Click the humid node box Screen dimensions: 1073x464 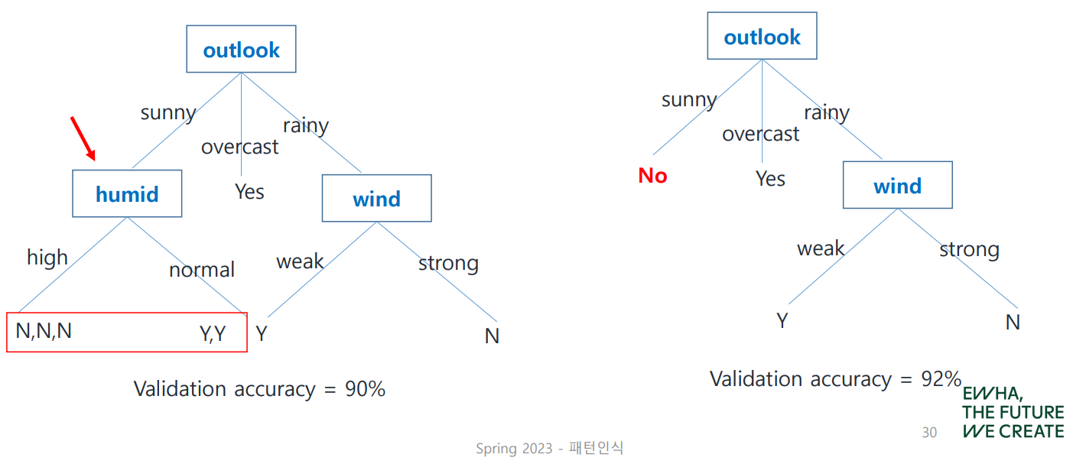(x=127, y=193)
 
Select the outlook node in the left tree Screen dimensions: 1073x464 (x=241, y=49)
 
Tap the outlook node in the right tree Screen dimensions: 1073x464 (x=762, y=36)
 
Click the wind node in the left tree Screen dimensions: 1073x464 (x=376, y=198)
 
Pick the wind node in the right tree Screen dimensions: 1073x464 (x=898, y=185)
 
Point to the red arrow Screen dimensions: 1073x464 (x=83, y=138)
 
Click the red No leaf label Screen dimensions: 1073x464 (x=652, y=176)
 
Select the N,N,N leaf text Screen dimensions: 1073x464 (x=44, y=331)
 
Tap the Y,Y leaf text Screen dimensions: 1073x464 (x=212, y=333)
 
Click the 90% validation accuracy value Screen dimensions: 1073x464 (x=365, y=389)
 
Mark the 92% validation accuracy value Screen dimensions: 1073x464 (x=941, y=379)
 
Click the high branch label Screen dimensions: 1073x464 (x=47, y=258)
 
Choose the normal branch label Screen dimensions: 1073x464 (x=202, y=270)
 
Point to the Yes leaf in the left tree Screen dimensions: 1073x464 (x=249, y=192)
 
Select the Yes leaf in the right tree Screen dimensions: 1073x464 (x=770, y=179)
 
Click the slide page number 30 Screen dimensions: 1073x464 (x=929, y=433)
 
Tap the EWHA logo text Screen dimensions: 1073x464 (x=1013, y=412)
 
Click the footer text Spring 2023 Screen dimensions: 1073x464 (x=514, y=448)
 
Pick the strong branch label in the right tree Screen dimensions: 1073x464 (x=969, y=250)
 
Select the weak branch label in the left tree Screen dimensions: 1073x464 (x=300, y=261)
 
